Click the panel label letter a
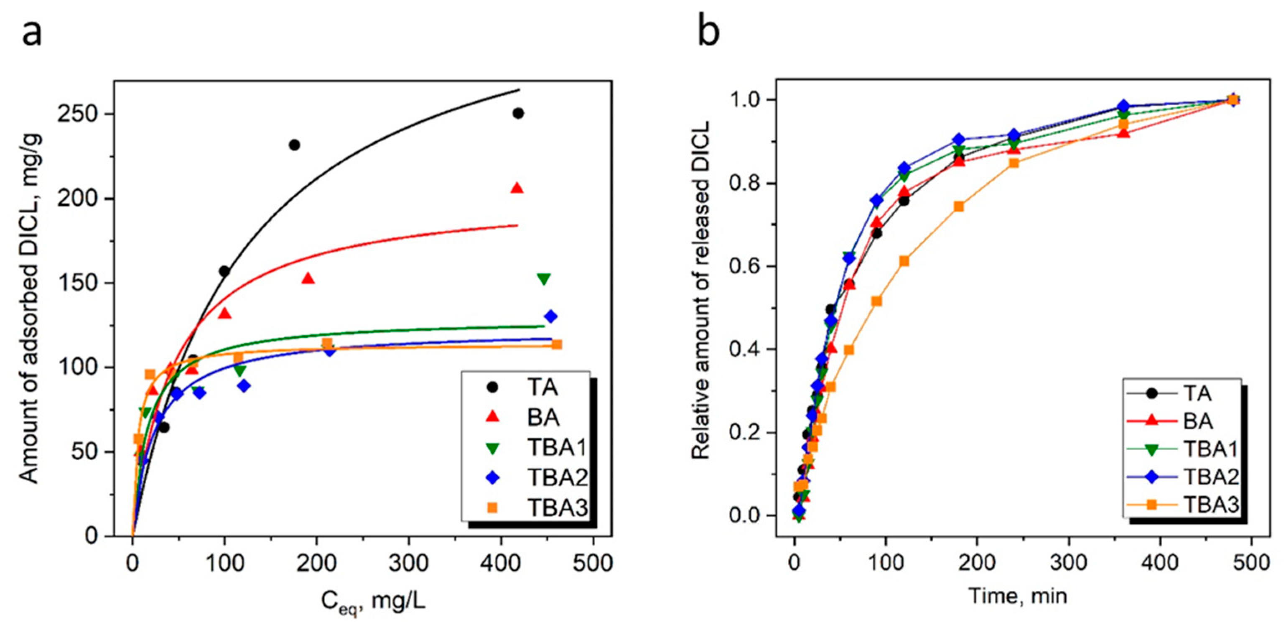tap(32, 34)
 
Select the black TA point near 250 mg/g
tap(518, 113)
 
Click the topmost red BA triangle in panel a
tap(517, 188)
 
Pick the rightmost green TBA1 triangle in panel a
tap(544, 279)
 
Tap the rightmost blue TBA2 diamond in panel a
tap(551, 316)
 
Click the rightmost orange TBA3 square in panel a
tap(557, 344)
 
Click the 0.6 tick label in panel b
tap(744, 266)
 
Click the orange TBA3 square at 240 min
tap(1014, 163)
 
